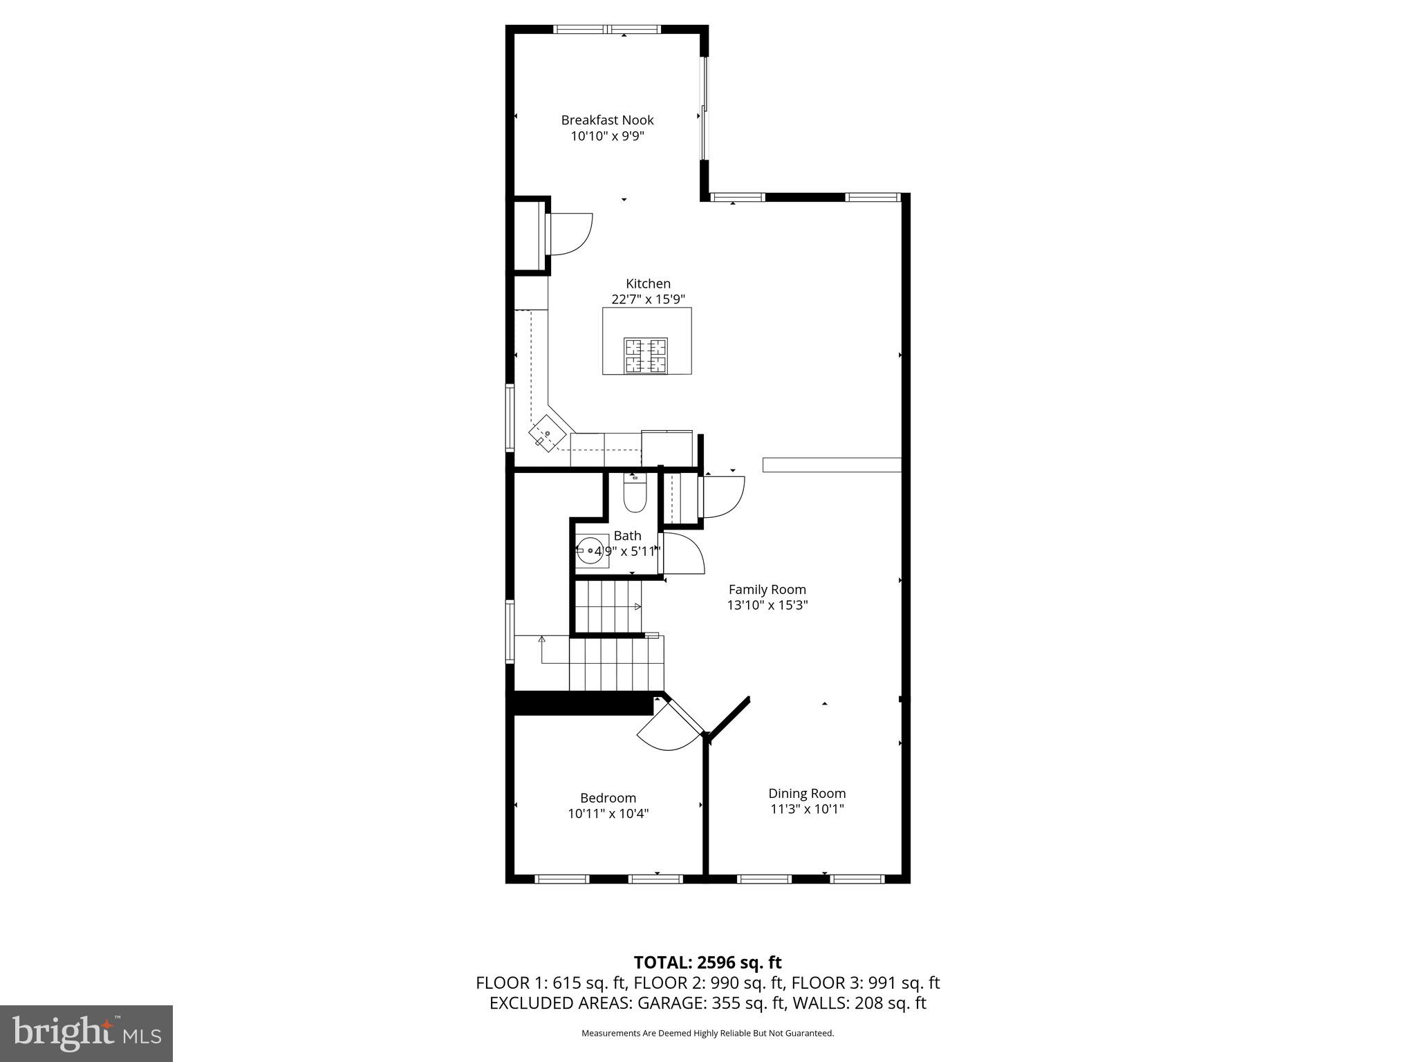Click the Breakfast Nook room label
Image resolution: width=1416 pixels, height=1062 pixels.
coord(607,120)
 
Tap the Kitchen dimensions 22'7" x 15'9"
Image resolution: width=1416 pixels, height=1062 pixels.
coord(648,299)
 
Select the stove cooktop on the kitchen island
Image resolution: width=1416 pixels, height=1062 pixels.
coord(646,355)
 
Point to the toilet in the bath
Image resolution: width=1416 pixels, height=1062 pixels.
coord(634,494)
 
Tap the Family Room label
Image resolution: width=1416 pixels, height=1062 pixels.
coord(767,590)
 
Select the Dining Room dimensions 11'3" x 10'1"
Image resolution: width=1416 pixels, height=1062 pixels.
coord(807,809)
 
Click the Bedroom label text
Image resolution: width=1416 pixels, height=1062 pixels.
coord(608,798)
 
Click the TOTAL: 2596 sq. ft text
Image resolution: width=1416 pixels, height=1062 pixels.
coord(707,962)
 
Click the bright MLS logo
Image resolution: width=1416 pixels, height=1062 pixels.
coord(86,1033)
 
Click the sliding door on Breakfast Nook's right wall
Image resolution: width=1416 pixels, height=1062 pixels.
coord(704,109)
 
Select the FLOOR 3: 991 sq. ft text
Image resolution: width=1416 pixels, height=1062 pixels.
coord(865,983)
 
